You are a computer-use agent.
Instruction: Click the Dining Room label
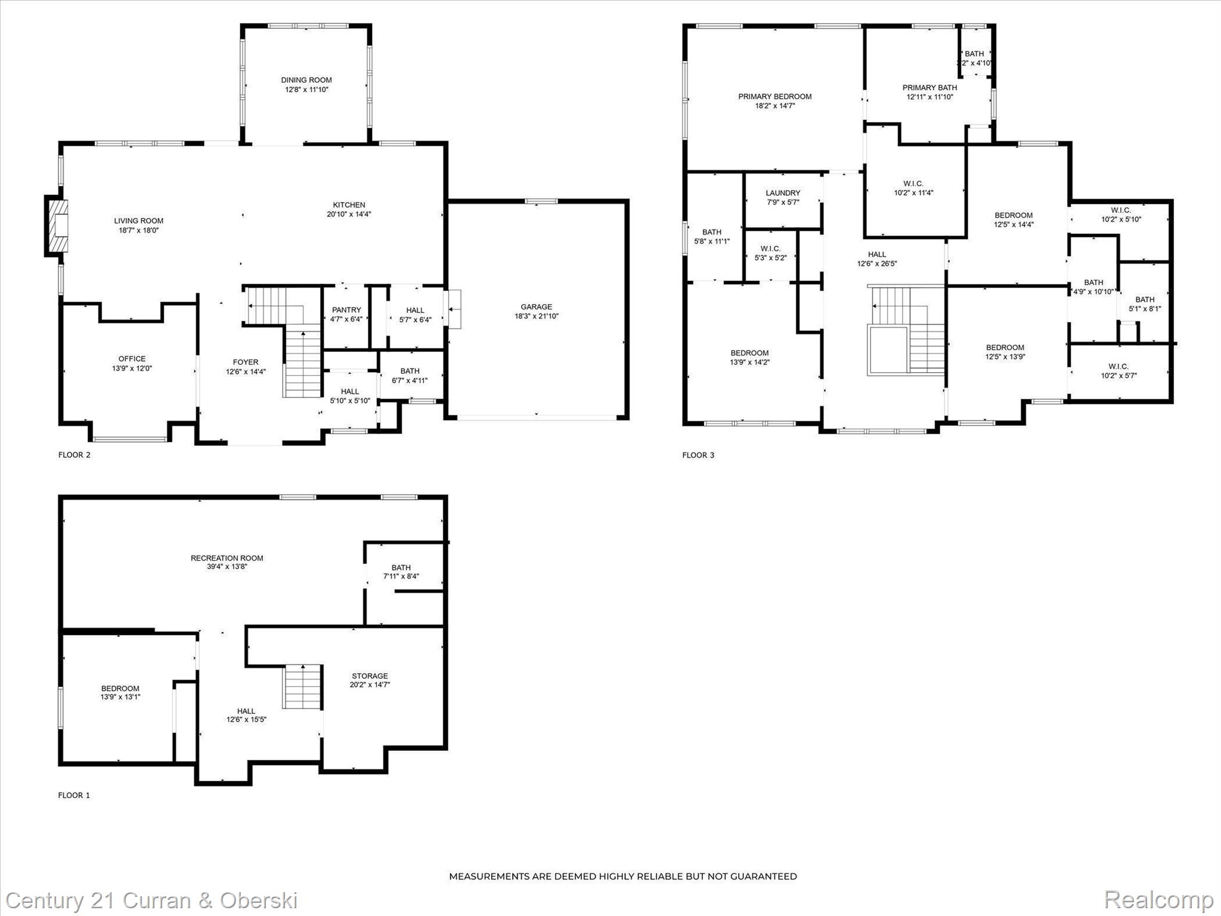coord(306,80)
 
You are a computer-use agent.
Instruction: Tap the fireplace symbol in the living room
coord(58,227)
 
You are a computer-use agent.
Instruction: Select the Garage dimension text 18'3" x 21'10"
coord(536,316)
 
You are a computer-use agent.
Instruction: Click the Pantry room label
coord(346,310)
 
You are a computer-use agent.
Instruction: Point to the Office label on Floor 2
coord(132,359)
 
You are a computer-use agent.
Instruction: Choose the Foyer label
coord(246,362)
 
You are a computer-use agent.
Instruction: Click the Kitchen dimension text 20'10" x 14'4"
coord(349,214)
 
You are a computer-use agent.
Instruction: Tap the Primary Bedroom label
coord(774,97)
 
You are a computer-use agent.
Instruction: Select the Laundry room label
coord(783,193)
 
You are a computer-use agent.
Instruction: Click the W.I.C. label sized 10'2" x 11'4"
coord(913,184)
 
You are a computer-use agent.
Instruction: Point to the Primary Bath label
coord(929,88)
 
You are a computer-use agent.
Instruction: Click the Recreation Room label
coord(227,558)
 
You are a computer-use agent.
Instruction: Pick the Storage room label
coord(370,676)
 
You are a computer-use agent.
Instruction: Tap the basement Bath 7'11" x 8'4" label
coord(401,568)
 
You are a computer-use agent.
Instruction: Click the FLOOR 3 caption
coord(698,455)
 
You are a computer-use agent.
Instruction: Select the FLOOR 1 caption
coord(74,795)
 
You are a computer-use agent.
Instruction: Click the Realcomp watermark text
coord(1158,900)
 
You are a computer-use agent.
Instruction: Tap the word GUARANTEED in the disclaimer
coord(766,876)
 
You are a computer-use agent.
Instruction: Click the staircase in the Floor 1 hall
coord(302,686)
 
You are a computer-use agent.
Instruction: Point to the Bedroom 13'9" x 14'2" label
coord(749,353)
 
